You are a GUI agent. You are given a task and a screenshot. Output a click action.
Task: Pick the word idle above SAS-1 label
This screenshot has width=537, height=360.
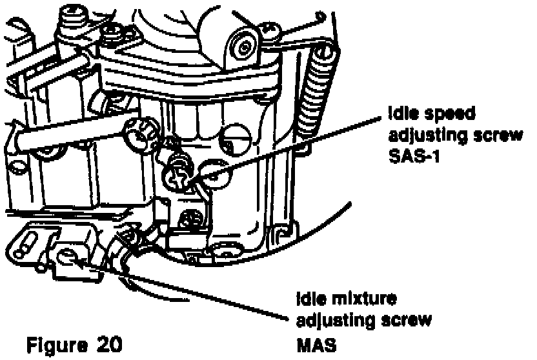[x=403, y=114]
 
